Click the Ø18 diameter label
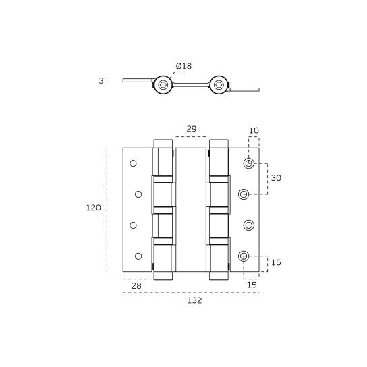(x=183, y=66)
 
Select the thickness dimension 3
(x=101, y=81)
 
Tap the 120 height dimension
(x=93, y=208)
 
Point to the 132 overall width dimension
(x=194, y=300)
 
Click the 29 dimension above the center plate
(x=191, y=129)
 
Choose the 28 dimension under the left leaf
(x=136, y=286)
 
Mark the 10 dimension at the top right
(x=254, y=130)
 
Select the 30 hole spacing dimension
(x=276, y=178)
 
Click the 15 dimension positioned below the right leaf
(x=252, y=285)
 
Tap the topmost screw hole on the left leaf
(x=133, y=163)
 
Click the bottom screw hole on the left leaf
(x=138, y=256)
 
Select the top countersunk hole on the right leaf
(x=249, y=163)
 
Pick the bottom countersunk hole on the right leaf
(x=244, y=256)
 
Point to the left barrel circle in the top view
(x=163, y=85)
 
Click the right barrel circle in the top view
(x=219, y=85)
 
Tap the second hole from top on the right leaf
(x=244, y=194)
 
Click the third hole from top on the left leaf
(x=133, y=225)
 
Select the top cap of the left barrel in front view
(x=163, y=143)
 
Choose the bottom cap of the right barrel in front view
(x=219, y=275)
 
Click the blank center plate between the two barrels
(x=191, y=209)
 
